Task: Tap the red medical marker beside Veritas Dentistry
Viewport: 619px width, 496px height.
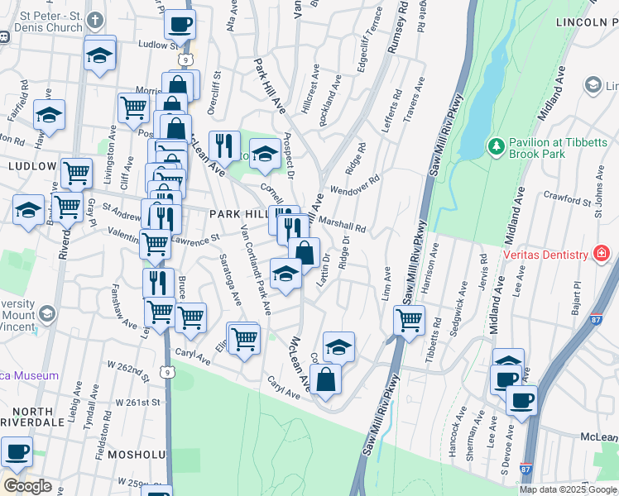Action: tap(602, 254)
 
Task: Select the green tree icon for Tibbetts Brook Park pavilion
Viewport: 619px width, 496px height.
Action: tap(497, 146)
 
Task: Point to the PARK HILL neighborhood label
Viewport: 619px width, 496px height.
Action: tap(239, 213)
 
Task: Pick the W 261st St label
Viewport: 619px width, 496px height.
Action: tap(137, 402)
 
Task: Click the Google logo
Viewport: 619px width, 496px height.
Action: tap(26, 485)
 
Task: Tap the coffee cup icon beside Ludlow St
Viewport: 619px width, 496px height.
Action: tap(180, 24)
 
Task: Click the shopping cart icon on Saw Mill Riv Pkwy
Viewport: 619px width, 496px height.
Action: tap(409, 319)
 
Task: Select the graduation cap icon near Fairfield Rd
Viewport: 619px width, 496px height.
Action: tap(49, 114)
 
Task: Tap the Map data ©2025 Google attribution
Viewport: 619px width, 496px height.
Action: tap(567, 489)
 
